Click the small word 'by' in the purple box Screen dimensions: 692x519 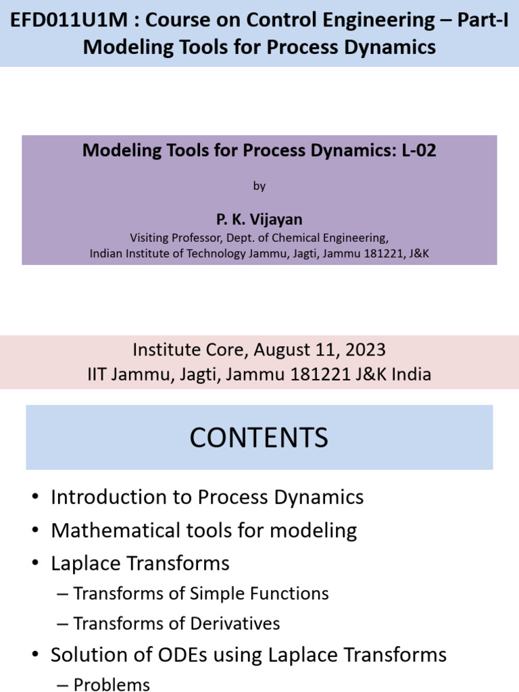point(259,186)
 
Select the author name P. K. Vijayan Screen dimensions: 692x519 point(259,220)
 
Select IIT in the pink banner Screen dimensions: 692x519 point(100,374)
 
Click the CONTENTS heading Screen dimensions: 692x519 point(259,438)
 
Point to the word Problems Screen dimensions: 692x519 point(112,685)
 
